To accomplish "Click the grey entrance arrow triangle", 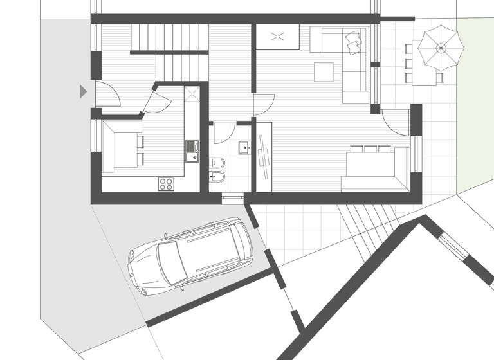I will tap(83, 91).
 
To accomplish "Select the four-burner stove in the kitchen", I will tap(166, 183).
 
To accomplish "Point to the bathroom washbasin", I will tap(244, 148).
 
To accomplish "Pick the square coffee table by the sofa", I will tap(324, 71).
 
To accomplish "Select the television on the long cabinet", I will tap(264, 155).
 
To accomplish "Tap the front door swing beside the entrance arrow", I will tap(108, 95).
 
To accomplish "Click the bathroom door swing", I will tap(223, 132).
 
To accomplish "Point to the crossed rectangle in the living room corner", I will tap(279, 36).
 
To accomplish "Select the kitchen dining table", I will tap(117, 147).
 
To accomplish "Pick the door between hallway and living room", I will tap(264, 105).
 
